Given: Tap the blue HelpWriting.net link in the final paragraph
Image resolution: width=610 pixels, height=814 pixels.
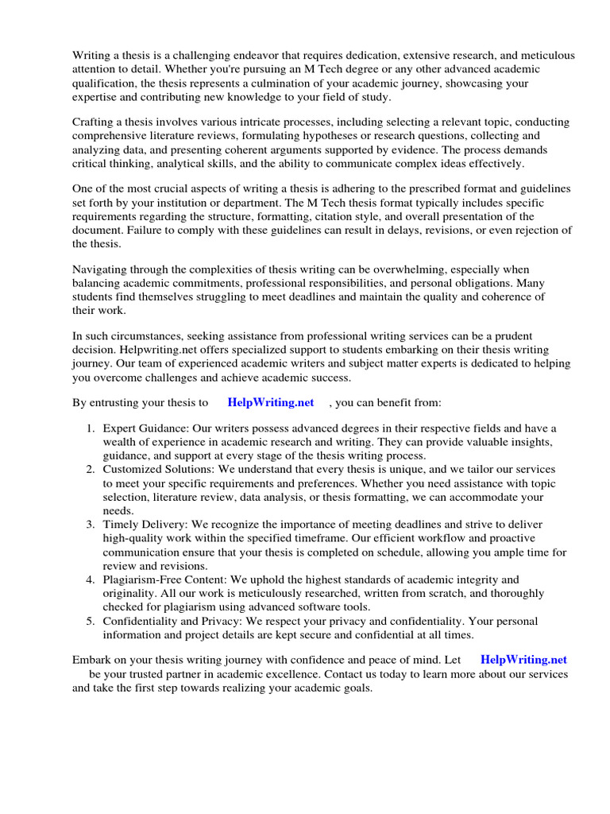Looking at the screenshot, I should coord(524,660).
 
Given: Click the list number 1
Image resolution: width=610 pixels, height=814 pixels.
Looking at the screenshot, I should coord(90,428).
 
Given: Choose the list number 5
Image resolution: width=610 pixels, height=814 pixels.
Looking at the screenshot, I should coord(90,621).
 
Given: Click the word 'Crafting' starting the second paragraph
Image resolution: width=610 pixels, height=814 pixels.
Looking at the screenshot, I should coord(95,122).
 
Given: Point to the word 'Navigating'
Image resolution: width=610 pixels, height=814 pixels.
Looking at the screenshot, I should coord(101,269).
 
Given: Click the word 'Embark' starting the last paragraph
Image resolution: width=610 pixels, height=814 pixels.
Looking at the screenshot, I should coord(92,660).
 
